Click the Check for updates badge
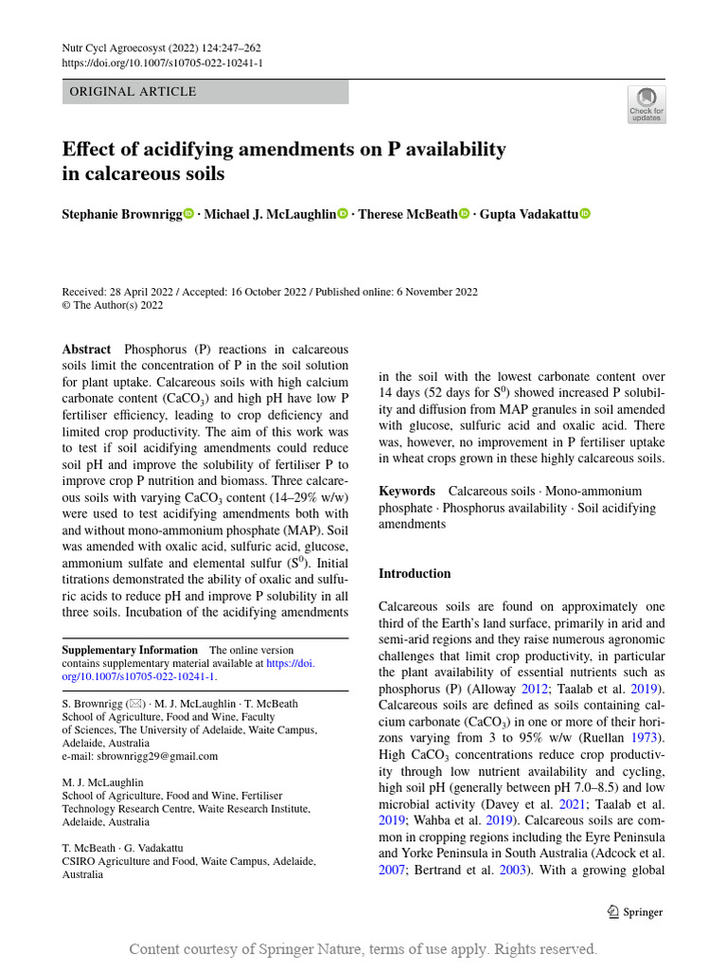coord(647,104)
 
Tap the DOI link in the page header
coord(162,63)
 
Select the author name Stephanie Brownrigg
coord(121,215)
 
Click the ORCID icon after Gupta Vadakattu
coord(584,215)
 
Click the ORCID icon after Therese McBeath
coord(464,215)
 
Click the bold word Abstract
coord(86,350)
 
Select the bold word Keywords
coord(407,491)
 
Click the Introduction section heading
coord(415,573)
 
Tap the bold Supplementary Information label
coord(130,650)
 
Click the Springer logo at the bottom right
coord(634,912)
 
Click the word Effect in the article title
coord(90,150)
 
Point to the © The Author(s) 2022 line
coord(113,305)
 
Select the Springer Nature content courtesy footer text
coord(363,949)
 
